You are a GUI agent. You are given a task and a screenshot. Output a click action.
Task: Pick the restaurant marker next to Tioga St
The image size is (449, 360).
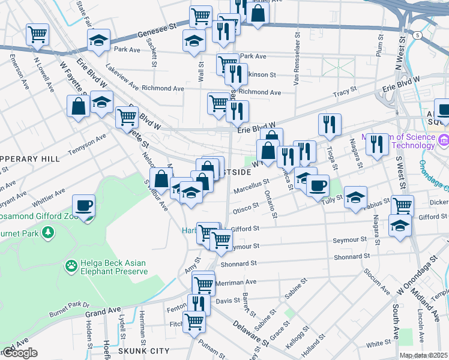point(330,124)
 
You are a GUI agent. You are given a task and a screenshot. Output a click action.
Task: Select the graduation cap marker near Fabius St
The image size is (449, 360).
point(355,197)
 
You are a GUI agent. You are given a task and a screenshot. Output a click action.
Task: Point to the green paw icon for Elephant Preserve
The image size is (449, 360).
point(71,264)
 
